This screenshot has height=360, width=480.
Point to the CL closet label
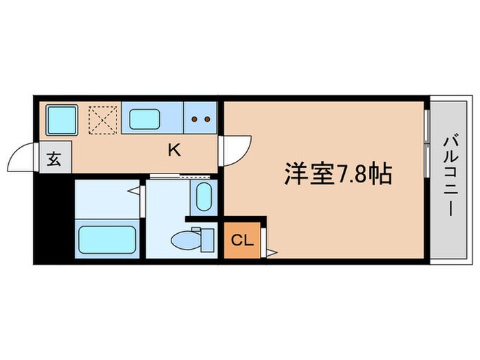[x=241, y=240]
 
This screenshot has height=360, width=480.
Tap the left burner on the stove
[x=194, y=119]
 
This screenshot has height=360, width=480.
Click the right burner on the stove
[x=206, y=119]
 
